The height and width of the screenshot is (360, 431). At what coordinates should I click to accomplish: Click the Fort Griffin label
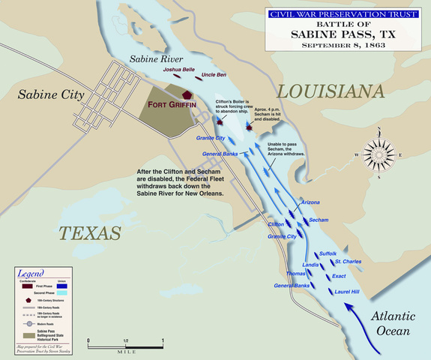[171, 104]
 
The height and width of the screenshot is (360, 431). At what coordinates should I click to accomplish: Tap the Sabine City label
[49, 96]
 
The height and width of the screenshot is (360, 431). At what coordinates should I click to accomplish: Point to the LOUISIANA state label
[330, 91]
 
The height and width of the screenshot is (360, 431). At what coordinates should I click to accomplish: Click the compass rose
[380, 156]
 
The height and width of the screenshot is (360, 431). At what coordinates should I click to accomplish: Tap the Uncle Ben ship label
[214, 76]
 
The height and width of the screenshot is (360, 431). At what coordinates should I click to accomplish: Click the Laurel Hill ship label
[347, 291]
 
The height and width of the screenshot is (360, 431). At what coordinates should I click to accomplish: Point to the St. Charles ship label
[348, 262]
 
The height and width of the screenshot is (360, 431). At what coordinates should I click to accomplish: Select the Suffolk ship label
[328, 254]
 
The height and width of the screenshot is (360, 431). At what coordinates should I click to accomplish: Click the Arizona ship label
[310, 202]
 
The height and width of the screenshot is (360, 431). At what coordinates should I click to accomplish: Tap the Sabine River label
[152, 58]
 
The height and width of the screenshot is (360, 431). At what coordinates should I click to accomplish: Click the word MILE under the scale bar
[126, 350]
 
